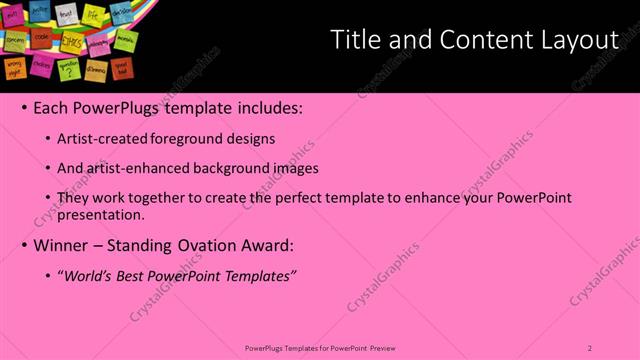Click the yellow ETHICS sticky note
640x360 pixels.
(72, 42)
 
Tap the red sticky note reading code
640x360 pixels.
(42, 37)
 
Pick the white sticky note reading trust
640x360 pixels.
(66, 14)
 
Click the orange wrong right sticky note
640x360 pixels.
(15, 66)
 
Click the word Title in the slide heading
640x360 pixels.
(354, 40)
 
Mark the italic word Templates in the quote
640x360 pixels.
(259, 275)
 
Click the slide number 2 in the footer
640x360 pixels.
(590, 347)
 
